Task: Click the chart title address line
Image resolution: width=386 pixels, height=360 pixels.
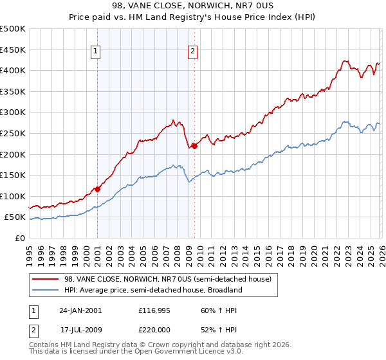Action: pyautogui.click(x=193, y=6)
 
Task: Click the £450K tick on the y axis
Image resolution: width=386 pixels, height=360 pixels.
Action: pyautogui.click(x=13, y=50)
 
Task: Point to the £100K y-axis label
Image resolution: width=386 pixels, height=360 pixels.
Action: pyautogui.click(x=13, y=196)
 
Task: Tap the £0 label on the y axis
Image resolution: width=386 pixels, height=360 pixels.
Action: pyautogui.click(x=19, y=238)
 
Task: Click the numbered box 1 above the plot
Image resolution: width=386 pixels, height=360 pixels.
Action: pyautogui.click(x=95, y=52)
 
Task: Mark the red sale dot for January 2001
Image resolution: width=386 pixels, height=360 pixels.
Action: pyautogui.click(x=98, y=189)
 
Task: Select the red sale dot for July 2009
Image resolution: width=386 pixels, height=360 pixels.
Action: pyautogui.click(x=194, y=146)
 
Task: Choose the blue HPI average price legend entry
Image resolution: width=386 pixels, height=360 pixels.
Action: pyautogui.click(x=152, y=290)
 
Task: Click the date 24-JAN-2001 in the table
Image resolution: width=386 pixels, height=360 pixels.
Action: pyautogui.click(x=80, y=310)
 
